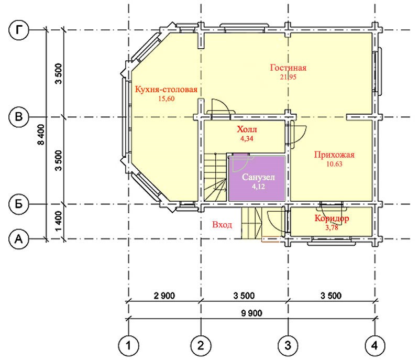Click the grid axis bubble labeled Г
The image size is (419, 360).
click(x=19, y=30)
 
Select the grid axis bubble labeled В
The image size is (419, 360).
click(x=19, y=117)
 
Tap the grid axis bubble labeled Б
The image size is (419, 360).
click(x=19, y=204)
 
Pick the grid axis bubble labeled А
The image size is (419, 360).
click(x=19, y=239)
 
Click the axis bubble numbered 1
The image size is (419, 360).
click(x=128, y=345)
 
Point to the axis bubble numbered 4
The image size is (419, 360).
click(x=375, y=345)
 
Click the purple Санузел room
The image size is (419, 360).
click(x=257, y=178)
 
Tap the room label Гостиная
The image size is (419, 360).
click(x=288, y=68)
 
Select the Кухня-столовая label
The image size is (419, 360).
click(x=166, y=89)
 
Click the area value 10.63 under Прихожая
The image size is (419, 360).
click(x=334, y=164)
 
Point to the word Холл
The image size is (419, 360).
click(x=247, y=129)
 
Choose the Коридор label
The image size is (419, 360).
click(x=332, y=219)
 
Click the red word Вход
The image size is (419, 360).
click(x=222, y=225)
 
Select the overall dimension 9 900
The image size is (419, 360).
click(x=251, y=313)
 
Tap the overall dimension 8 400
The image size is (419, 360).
click(x=41, y=135)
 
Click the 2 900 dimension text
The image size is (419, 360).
click(x=164, y=296)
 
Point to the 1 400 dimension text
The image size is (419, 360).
click(x=59, y=221)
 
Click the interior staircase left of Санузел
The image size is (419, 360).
click(x=215, y=177)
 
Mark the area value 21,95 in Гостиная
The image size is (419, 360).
click(x=288, y=77)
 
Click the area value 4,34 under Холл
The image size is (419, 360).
click(x=247, y=138)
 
